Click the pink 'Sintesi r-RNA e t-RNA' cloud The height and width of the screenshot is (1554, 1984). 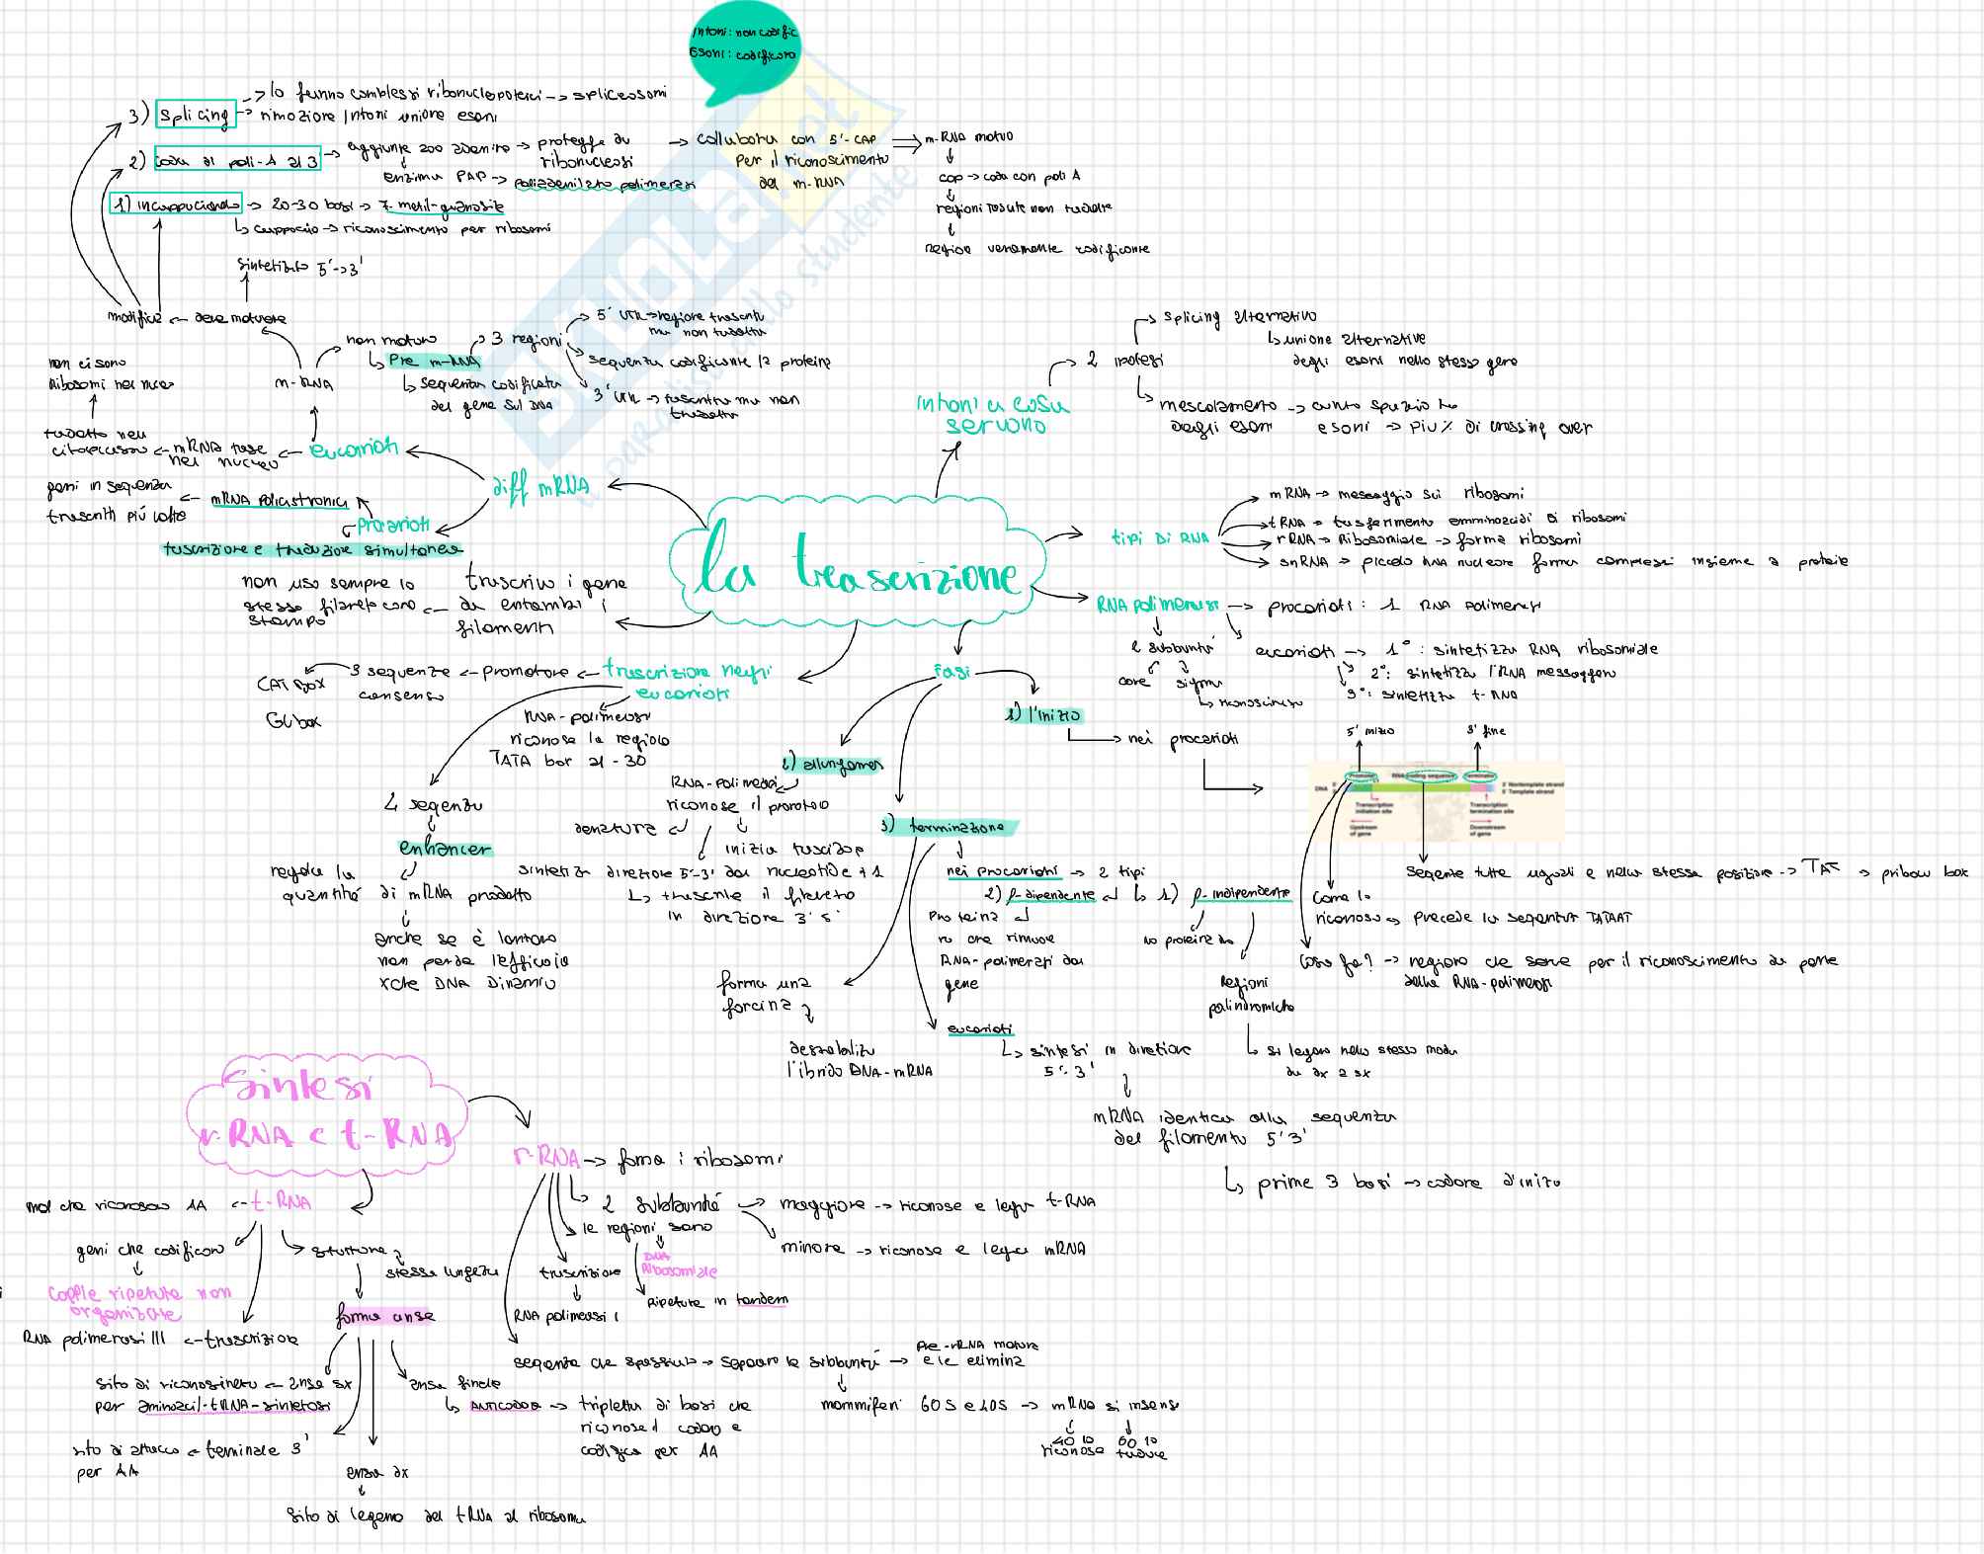[326, 1111]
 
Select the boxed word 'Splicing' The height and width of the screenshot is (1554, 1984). [195, 116]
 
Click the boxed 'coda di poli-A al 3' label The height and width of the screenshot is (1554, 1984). [238, 161]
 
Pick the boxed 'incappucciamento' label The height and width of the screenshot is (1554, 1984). [176, 205]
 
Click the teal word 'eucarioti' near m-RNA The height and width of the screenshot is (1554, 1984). [353, 449]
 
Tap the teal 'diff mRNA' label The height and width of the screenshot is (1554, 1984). [539, 486]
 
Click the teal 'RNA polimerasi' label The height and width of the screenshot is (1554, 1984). [1157, 604]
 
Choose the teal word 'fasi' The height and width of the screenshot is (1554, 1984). [951, 672]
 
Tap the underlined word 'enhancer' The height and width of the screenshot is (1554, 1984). [445, 849]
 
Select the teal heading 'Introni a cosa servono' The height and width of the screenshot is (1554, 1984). [992, 415]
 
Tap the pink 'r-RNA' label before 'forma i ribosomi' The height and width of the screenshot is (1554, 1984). [544, 1158]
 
